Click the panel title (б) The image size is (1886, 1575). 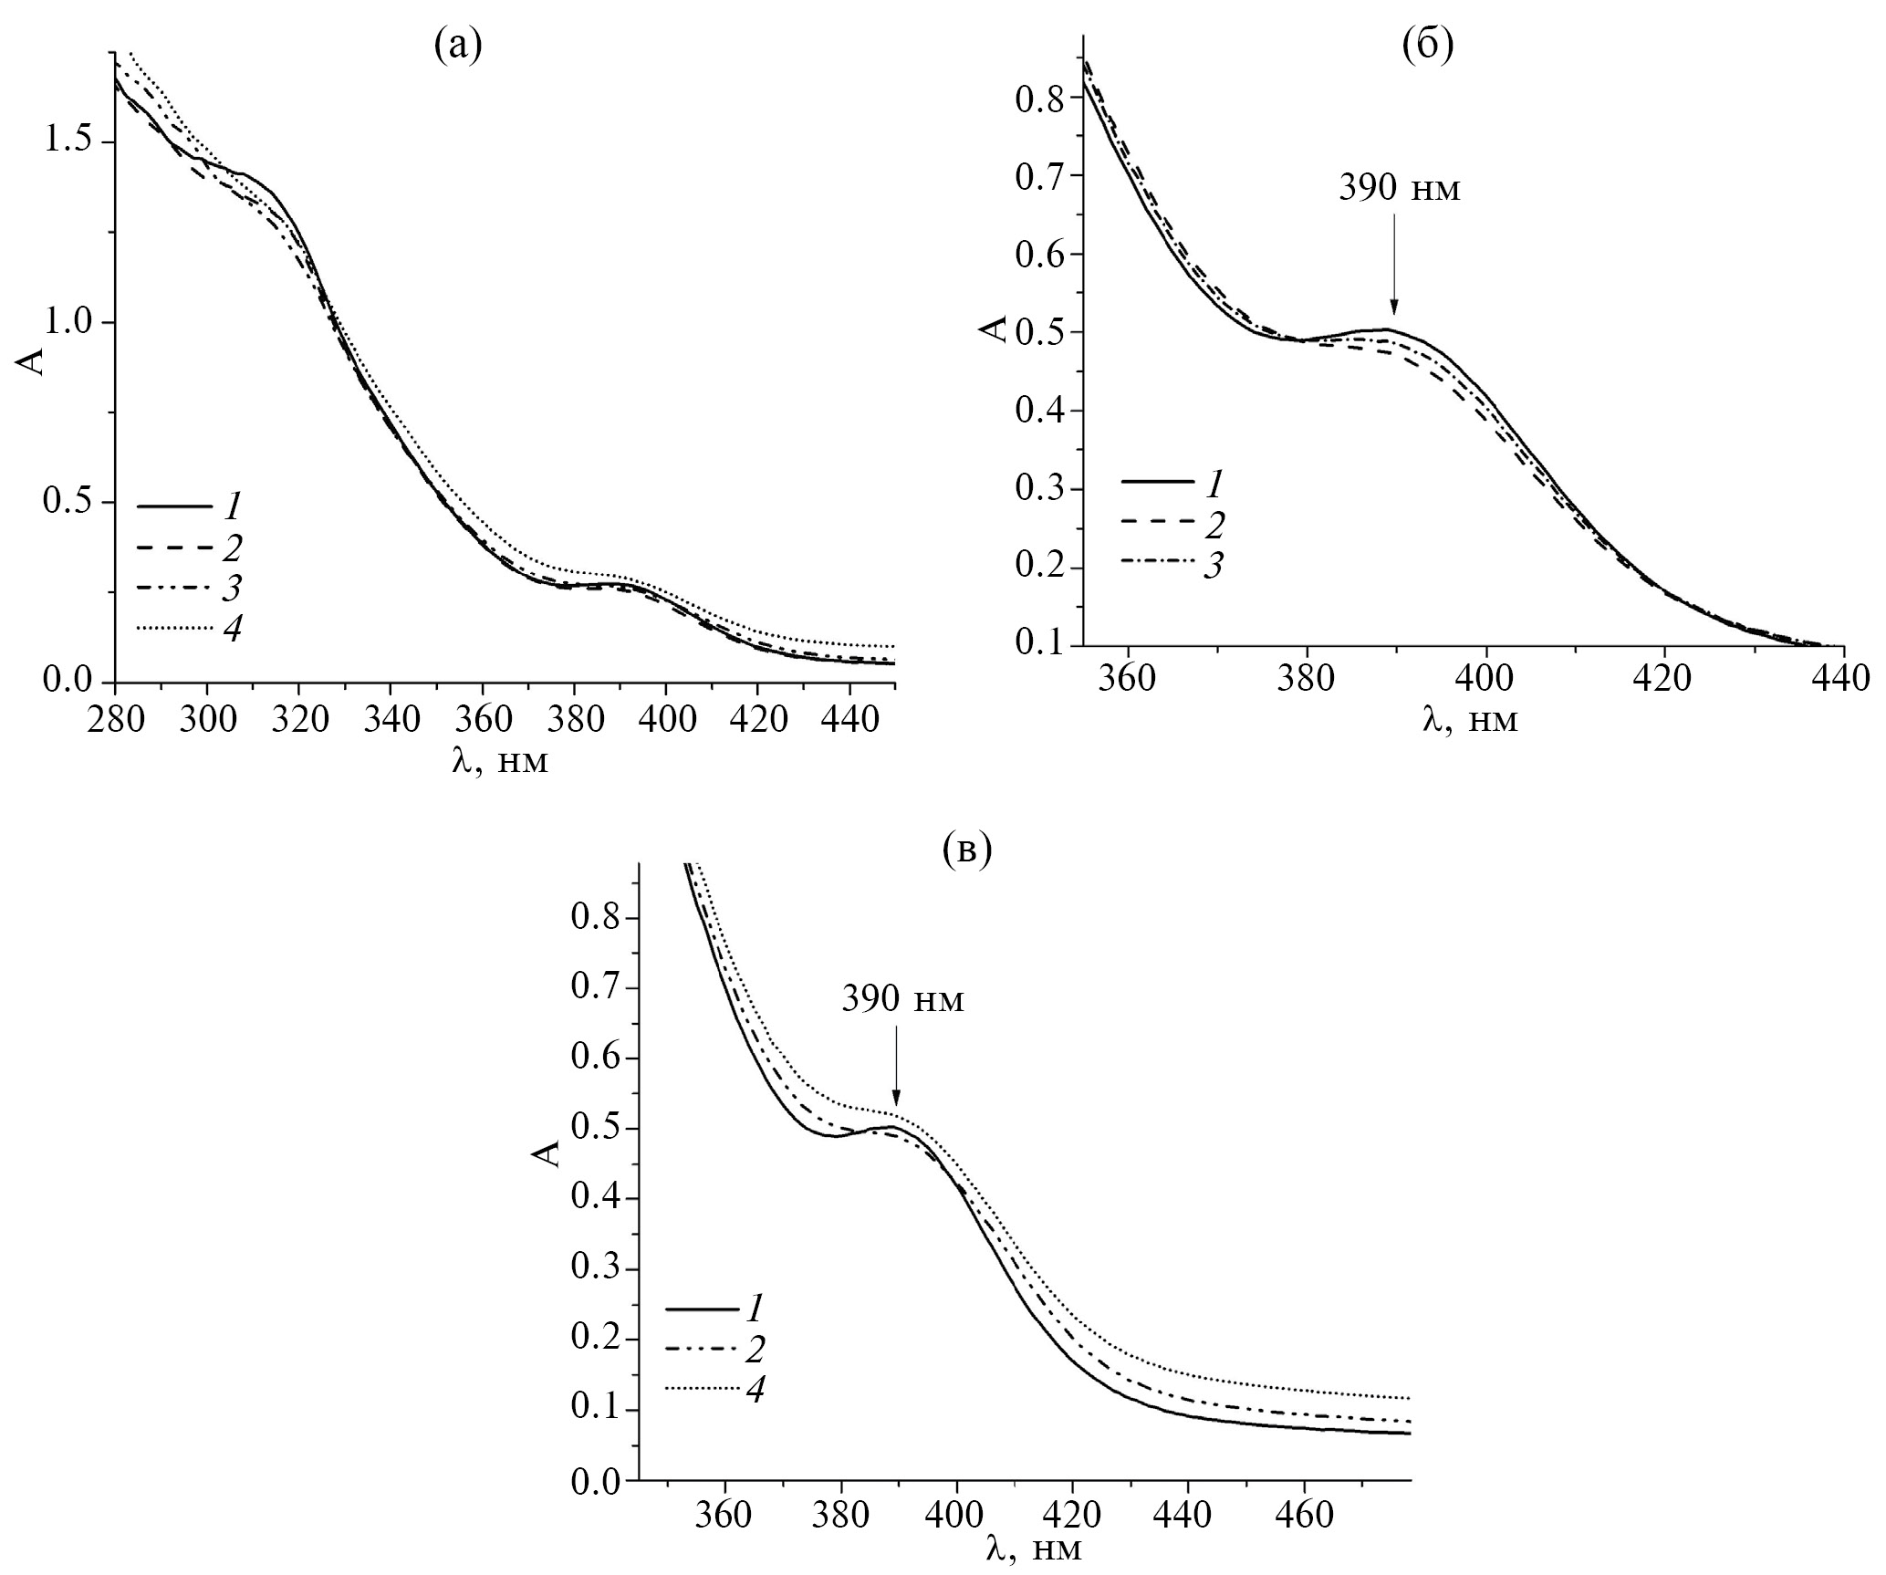coord(1427,45)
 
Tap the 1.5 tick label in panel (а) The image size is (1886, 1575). coord(68,143)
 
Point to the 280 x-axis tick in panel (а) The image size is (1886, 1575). coord(115,720)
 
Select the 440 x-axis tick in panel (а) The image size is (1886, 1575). coord(849,720)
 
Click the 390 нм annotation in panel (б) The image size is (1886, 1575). coord(1400,189)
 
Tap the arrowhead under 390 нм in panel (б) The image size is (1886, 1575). coord(1393,308)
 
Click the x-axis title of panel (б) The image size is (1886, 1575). coord(1470,721)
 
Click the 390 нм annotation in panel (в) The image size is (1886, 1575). coord(901,1000)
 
